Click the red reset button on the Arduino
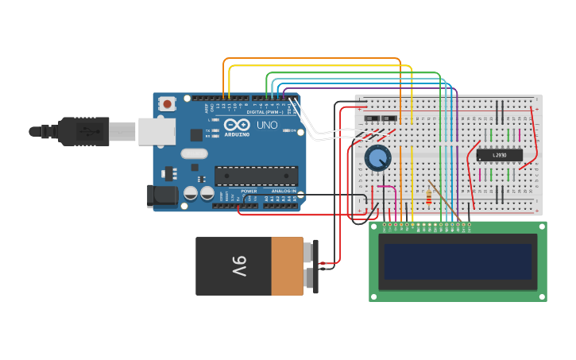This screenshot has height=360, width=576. tap(167, 104)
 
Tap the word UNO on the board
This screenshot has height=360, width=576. tap(267, 126)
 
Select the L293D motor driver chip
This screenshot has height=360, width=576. tap(500, 155)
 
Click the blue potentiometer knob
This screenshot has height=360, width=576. tap(378, 158)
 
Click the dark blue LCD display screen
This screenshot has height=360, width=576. tap(458, 261)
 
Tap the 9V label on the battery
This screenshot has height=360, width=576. tap(238, 265)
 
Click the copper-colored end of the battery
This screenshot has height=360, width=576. tap(287, 266)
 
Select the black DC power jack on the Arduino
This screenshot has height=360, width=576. tap(163, 195)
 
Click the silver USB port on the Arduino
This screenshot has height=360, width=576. tap(157, 131)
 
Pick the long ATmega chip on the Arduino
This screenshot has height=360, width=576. tap(257, 176)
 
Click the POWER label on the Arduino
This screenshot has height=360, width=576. tap(249, 191)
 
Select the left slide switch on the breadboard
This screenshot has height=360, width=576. tap(371, 119)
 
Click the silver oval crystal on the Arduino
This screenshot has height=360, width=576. tap(194, 153)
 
